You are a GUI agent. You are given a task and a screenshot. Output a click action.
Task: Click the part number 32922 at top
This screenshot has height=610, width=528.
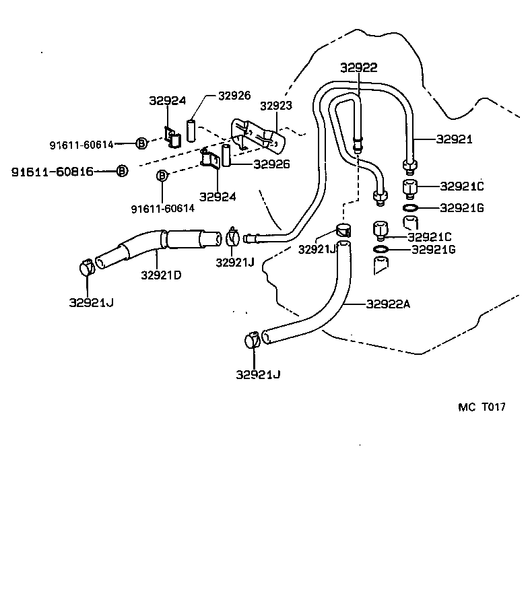(x=358, y=67)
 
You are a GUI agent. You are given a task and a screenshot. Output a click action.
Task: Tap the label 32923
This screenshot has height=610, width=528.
(x=275, y=106)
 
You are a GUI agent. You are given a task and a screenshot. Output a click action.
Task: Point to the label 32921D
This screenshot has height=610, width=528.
(x=161, y=275)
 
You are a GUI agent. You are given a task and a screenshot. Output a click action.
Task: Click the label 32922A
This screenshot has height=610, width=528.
(x=389, y=304)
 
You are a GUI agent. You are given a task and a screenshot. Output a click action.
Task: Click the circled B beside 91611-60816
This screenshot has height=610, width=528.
(x=121, y=171)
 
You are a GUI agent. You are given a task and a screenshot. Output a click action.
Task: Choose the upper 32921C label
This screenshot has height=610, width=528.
(x=461, y=186)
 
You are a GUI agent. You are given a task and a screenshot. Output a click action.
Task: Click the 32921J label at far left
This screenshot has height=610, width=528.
(x=91, y=302)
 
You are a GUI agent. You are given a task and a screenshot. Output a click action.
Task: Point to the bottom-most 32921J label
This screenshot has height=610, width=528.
(x=258, y=374)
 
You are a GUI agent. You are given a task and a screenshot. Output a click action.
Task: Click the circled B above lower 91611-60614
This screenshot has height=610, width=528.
(x=162, y=176)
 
